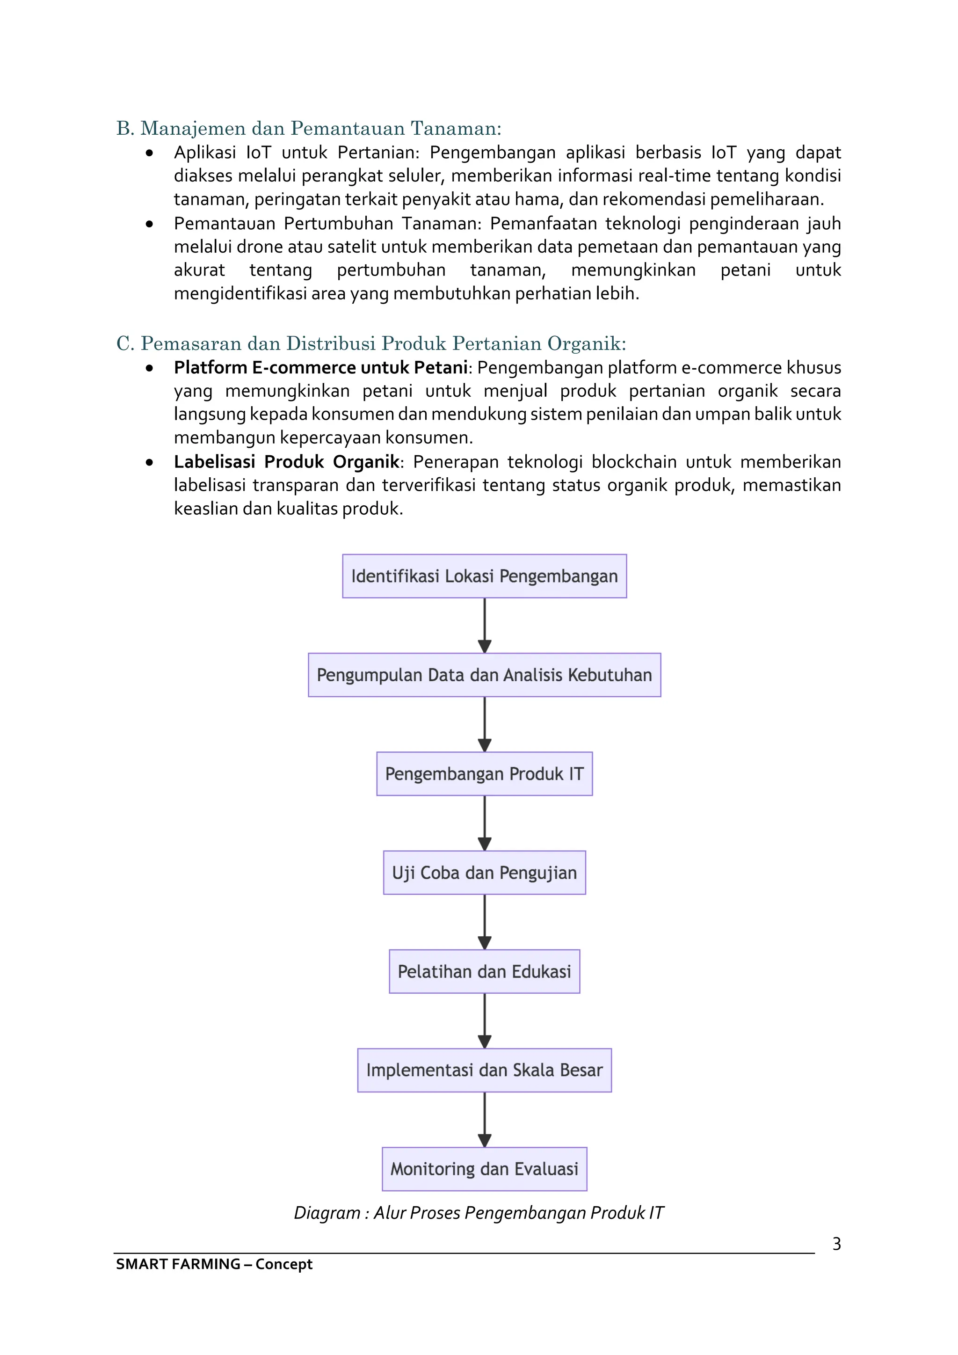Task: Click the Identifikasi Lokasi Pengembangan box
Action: click(484, 576)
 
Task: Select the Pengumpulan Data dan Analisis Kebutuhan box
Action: click(484, 675)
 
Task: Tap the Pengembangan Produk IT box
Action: click(484, 774)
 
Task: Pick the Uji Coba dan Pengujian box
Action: click(484, 872)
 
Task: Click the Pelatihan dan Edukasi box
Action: click(484, 971)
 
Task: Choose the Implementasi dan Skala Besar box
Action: click(484, 1070)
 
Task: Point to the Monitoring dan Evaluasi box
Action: click(484, 1169)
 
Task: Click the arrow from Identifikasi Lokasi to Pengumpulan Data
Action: click(484, 626)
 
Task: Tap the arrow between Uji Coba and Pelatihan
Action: click(484, 922)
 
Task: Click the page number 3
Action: click(836, 1244)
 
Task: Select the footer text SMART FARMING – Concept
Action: click(214, 1264)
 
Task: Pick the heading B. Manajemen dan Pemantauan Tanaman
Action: click(309, 128)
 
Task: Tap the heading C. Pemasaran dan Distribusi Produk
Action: click(371, 343)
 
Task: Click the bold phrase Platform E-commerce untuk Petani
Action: click(320, 368)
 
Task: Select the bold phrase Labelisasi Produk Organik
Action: click(287, 461)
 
